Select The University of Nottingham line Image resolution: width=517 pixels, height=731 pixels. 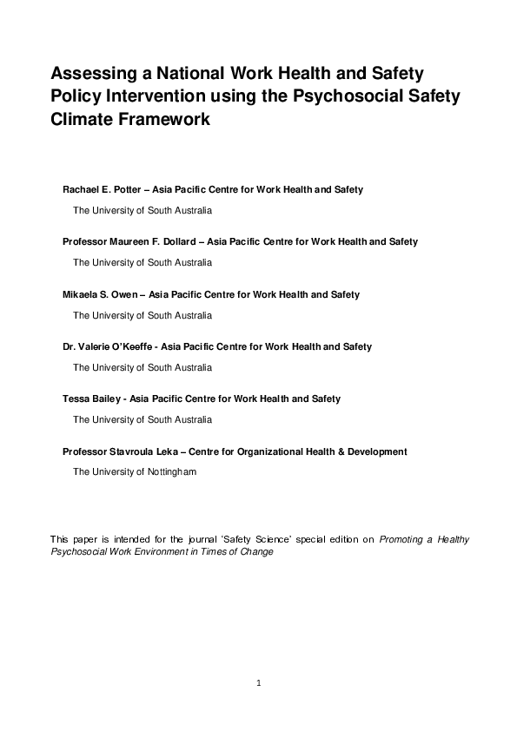(135, 472)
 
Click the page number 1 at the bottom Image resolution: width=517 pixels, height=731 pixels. (258, 684)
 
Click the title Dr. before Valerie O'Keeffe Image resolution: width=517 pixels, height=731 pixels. (70, 346)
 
